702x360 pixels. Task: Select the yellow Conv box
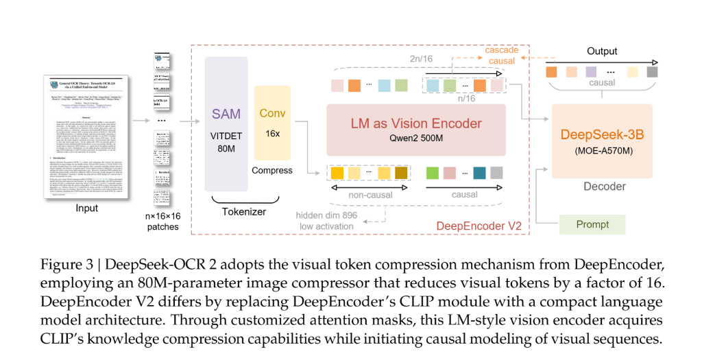coord(273,123)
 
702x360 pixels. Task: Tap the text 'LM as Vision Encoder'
coord(416,123)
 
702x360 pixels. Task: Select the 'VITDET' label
coord(226,136)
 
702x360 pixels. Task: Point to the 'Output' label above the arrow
coord(602,51)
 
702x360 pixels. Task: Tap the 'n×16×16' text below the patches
coord(163,217)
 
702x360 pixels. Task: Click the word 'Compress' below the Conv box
coord(272,170)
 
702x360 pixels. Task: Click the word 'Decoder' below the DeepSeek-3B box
coord(603,186)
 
